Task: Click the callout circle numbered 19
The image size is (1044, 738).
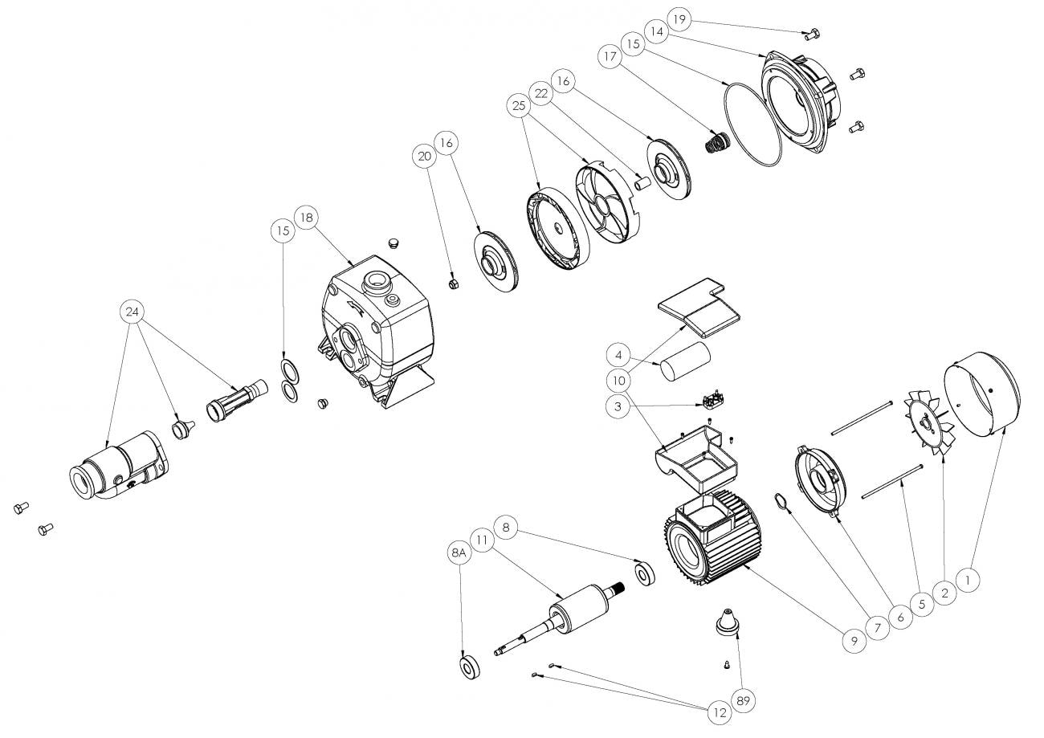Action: coord(679,18)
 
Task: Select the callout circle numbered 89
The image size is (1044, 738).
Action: coord(744,700)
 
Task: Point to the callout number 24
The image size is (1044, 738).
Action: coord(133,311)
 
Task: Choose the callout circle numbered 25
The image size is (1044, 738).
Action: coord(519,104)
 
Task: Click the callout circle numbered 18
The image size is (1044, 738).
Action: coord(307,217)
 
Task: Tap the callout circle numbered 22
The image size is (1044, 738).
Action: coord(542,94)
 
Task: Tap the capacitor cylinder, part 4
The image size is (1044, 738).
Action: coord(685,359)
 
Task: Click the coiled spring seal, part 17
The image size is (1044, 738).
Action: coord(716,144)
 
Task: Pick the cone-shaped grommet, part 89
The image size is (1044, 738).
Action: coord(728,622)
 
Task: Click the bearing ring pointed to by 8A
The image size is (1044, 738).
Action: coord(468,667)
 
